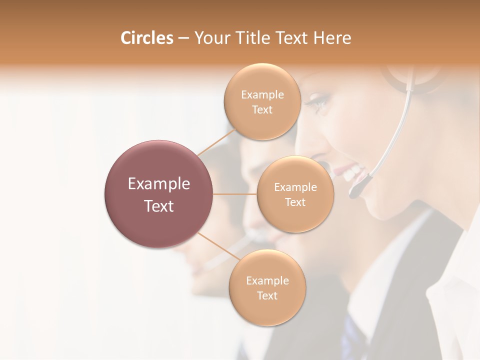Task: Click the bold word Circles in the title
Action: pyautogui.click(x=147, y=38)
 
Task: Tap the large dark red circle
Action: pyautogui.click(x=159, y=194)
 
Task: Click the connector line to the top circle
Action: pyautogui.click(x=216, y=142)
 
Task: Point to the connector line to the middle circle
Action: pyautogui.click(x=235, y=193)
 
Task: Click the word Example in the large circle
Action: pyautogui.click(x=159, y=184)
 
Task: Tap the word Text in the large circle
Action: pyautogui.click(x=159, y=206)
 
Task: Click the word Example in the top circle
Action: pyautogui.click(x=262, y=95)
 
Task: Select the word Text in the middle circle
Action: pyautogui.click(x=295, y=202)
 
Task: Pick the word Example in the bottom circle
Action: pyautogui.click(x=267, y=281)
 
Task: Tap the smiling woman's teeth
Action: pyautogui.click(x=353, y=173)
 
